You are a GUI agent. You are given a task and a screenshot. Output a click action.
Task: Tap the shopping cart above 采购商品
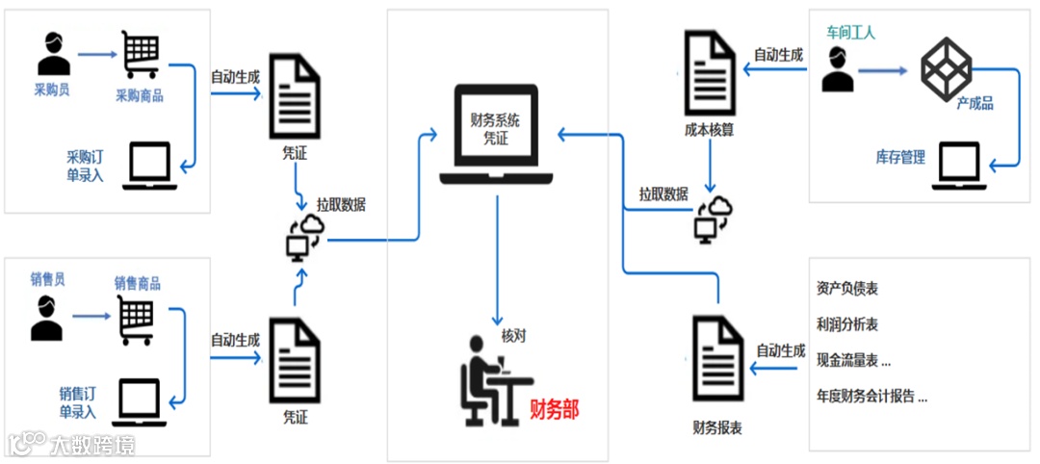pos(140,55)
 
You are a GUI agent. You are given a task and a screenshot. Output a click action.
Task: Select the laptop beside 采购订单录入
pos(143,166)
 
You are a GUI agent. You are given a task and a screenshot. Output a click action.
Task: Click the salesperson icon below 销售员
pos(46,318)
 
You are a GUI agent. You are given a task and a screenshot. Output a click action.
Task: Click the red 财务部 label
pos(555,409)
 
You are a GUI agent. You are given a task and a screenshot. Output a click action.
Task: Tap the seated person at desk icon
pos(489,379)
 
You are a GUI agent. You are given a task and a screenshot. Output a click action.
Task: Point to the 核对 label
pos(514,336)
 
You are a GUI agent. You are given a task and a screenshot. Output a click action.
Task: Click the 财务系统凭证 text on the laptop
pos(495,129)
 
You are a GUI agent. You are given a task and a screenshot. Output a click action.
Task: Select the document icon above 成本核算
pos(710,71)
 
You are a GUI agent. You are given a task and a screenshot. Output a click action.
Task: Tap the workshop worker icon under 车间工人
pos(838,68)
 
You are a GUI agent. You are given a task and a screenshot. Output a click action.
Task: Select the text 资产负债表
pos(846,289)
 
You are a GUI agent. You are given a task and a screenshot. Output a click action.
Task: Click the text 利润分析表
pos(846,325)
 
